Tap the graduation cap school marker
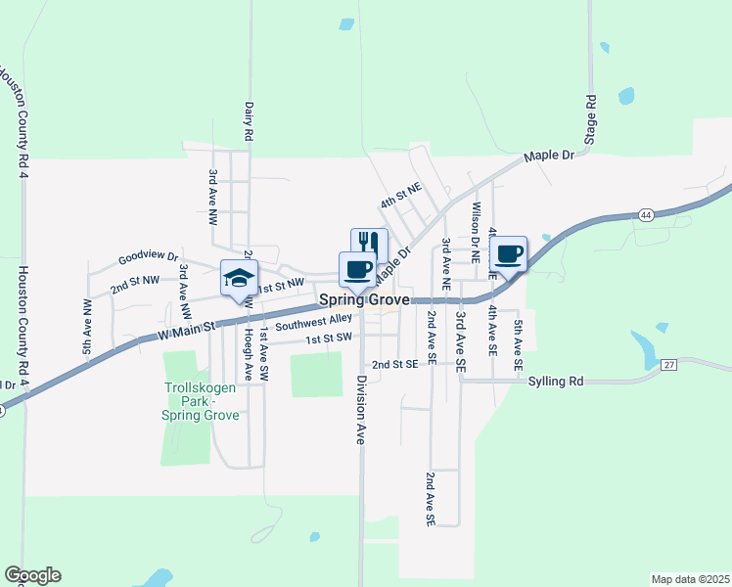(239, 280)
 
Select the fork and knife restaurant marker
(369, 245)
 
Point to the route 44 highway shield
(644, 214)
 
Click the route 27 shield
(669, 364)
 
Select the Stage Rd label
(590, 120)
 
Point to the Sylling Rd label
(554, 381)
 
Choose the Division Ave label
(360, 410)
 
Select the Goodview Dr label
(148, 258)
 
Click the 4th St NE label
(400, 195)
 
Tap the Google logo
(32, 575)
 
